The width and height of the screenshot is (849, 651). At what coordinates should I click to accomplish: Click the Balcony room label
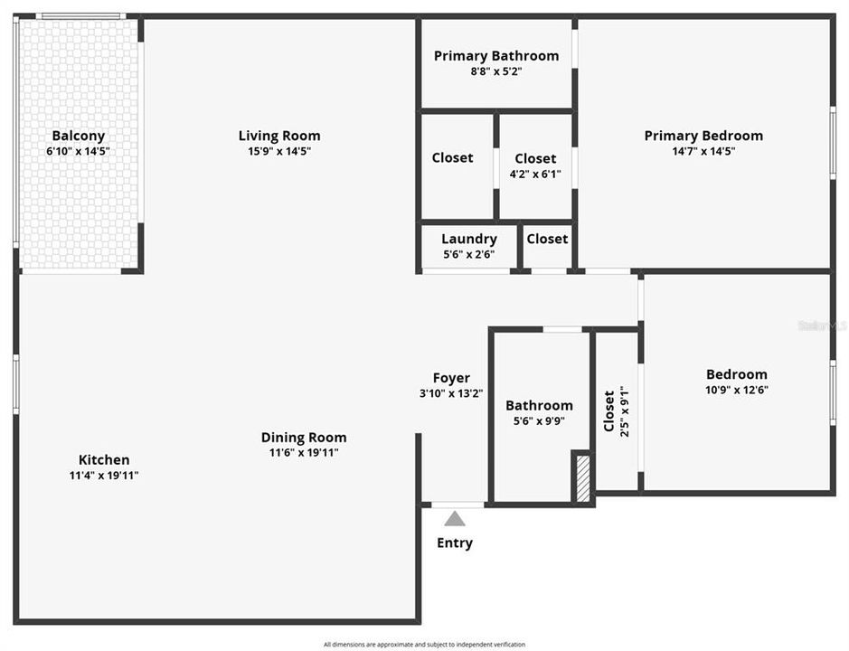[78, 136]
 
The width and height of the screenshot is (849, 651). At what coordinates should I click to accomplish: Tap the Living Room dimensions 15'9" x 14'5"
[279, 152]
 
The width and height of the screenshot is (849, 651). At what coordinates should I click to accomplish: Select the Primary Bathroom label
[495, 56]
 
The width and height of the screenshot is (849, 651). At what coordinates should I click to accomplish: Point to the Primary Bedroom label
[703, 136]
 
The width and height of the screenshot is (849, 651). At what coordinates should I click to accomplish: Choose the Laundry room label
[468, 240]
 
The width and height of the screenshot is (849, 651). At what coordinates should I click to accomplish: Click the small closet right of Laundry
[547, 239]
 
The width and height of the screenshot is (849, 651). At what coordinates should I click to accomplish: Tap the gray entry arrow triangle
[454, 519]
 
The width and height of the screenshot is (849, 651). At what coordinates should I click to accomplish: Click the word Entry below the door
[454, 543]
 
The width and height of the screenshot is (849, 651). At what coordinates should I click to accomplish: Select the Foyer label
[450, 378]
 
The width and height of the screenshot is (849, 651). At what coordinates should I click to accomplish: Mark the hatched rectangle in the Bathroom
[583, 479]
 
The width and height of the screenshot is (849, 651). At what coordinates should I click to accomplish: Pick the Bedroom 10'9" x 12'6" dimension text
[736, 391]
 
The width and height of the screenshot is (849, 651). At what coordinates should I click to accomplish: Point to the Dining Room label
[304, 438]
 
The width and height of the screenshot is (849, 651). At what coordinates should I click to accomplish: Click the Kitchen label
[104, 460]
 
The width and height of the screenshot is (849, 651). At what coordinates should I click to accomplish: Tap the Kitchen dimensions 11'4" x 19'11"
[104, 476]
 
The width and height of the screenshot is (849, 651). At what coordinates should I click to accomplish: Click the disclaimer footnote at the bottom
[424, 645]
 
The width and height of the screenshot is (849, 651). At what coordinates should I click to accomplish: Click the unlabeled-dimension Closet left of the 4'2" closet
[452, 158]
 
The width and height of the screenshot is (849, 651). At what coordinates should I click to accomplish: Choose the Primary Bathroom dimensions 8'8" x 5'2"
[495, 71]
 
